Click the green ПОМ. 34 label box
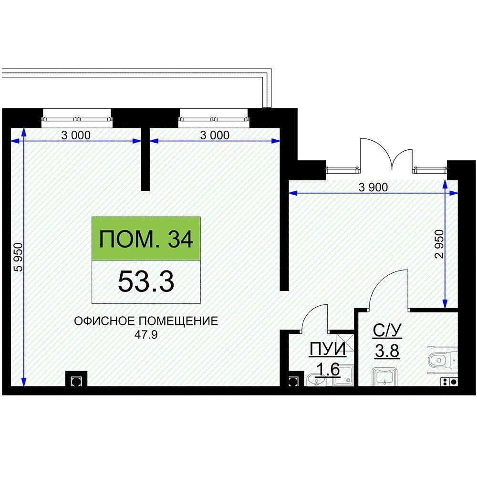click(146, 238)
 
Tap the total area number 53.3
click(146, 282)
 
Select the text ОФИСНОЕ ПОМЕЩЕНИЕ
click(146, 321)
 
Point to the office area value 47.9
click(146, 335)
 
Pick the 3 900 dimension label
click(373, 187)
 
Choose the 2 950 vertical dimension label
click(439, 244)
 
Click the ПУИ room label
click(328, 349)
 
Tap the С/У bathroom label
click(387, 331)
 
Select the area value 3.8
click(387, 351)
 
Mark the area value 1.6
click(328, 370)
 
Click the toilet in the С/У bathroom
click(443, 360)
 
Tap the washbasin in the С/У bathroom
click(385, 377)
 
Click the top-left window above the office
click(77, 118)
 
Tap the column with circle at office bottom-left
click(76, 379)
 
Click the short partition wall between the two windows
click(145, 159)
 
